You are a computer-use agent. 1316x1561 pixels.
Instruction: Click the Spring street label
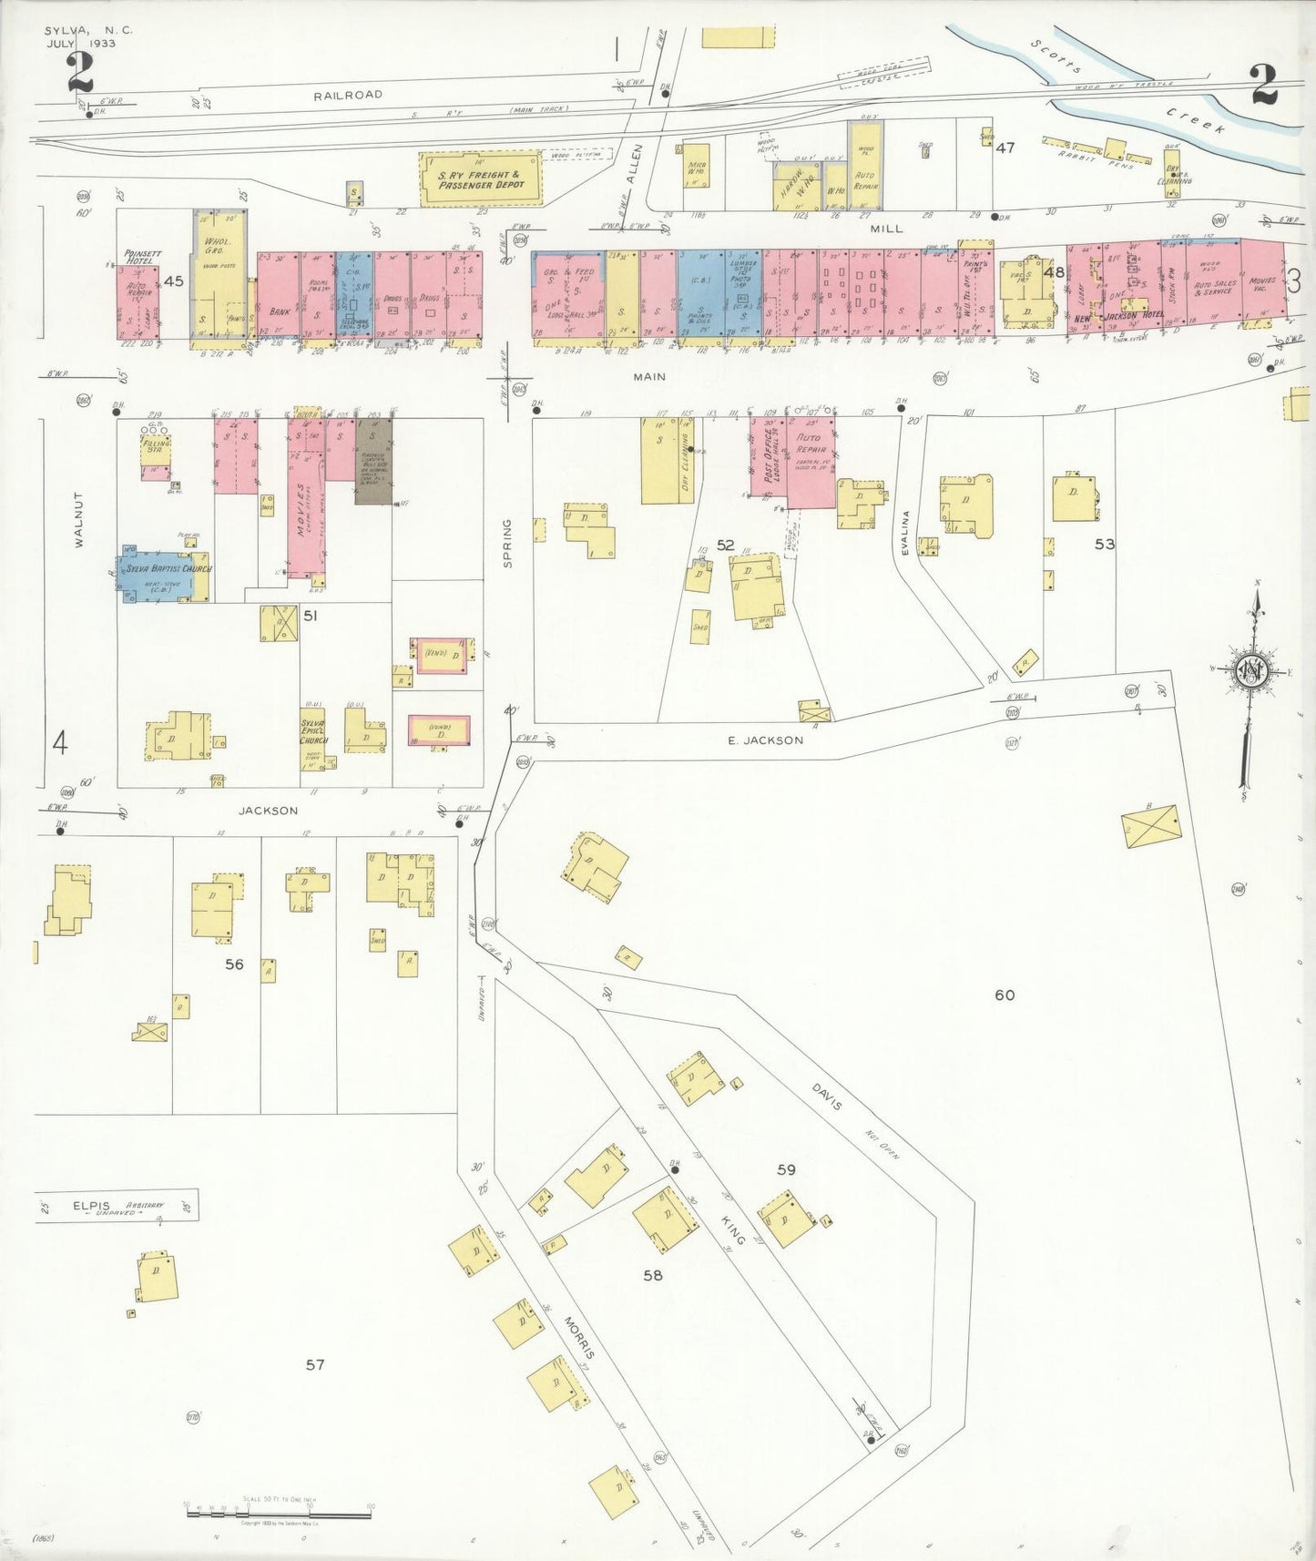point(508,544)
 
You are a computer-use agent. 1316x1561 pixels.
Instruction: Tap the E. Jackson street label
point(765,740)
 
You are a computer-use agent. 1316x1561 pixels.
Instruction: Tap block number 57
point(315,1364)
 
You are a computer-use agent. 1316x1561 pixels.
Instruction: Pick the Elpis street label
point(91,1207)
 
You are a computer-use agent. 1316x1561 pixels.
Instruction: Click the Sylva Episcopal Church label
point(313,730)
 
